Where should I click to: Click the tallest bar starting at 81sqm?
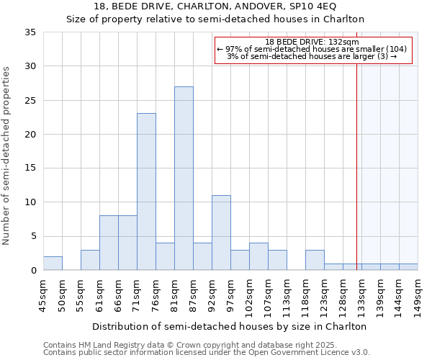click(x=184, y=178)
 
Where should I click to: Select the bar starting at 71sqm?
click(x=146, y=192)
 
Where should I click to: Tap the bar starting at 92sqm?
click(x=221, y=233)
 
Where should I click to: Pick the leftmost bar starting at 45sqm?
click(x=53, y=264)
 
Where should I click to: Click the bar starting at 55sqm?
click(x=90, y=260)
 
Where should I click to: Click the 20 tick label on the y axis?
click(x=30, y=135)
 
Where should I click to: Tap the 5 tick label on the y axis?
click(x=33, y=236)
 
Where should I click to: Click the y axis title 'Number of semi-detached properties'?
click(x=6, y=156)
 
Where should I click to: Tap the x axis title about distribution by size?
click(x=230, y=326)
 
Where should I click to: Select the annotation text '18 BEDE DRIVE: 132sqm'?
click(x=312, y=42)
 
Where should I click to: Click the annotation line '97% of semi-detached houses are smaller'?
click(x=312, y=49)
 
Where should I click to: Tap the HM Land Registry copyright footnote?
click(x=204, y=346)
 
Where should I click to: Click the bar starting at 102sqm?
click(x=258, y=256)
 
